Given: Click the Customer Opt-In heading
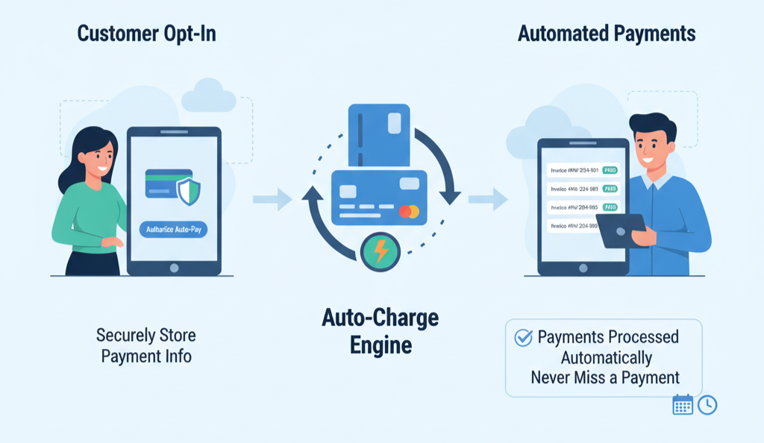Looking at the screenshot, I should tap(147, 34).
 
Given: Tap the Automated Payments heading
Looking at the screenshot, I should tap(607, 34).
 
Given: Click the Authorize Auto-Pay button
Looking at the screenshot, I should tap(174, 230).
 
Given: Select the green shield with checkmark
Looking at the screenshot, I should tap(188, 191).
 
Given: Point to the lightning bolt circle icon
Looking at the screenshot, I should tap(381, 252).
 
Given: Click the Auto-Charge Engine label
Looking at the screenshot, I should tap(380, 331).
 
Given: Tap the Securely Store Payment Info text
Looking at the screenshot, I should tap(146, 345).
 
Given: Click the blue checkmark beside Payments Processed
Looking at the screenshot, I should tap(523, 338).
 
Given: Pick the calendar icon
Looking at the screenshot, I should tap(683, 405).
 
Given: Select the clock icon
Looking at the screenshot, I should tap(707, 405).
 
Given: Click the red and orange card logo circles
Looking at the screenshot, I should tap(409, 211).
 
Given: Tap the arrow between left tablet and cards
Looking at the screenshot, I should tap(272, 199).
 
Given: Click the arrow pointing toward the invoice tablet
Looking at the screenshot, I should tap(487, 199).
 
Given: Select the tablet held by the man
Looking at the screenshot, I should tap(621, 230).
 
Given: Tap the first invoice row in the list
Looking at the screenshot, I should tap(583, 169).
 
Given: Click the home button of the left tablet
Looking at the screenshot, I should tap(174, 267).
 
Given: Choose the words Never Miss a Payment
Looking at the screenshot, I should tap(605, 377).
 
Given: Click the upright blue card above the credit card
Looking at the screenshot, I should tap(379, 134).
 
